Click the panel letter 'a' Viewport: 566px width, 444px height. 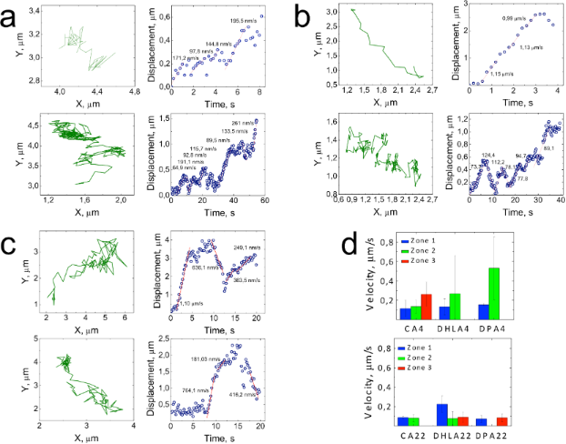coord(11,16)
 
